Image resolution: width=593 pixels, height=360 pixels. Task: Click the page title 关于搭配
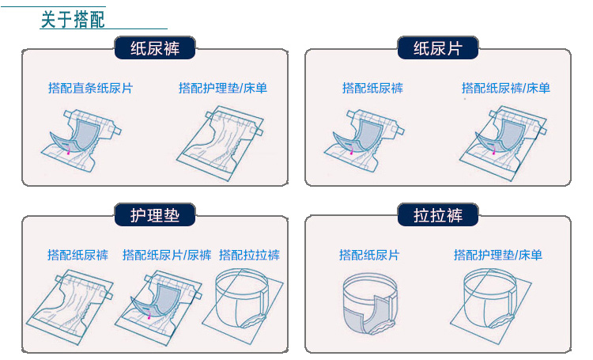73,19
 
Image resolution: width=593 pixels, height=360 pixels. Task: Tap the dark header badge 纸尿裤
155,48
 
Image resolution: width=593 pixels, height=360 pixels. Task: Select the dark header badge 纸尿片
437,48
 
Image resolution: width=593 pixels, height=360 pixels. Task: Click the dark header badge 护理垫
155,215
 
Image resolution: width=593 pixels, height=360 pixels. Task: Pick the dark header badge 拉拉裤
437,215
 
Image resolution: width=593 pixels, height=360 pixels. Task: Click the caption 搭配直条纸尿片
90,88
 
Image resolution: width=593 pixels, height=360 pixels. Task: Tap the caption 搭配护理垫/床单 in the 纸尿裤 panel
223,88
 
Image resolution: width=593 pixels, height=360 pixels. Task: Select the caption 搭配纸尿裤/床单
506,88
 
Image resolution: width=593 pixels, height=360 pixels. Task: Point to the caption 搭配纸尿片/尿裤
167,255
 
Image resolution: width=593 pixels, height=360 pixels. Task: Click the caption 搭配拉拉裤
249,255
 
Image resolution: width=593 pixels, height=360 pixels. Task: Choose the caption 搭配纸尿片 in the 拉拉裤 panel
369,255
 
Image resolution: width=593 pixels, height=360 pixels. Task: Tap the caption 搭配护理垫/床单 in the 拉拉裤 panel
498,255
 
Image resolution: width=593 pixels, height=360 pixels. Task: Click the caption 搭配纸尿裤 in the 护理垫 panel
77,255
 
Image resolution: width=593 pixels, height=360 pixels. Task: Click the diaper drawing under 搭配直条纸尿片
81,141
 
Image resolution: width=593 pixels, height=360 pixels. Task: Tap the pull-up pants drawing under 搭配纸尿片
370,304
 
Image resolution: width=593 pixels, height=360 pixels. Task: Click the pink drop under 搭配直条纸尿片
69,152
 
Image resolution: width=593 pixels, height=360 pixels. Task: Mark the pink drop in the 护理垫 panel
149,316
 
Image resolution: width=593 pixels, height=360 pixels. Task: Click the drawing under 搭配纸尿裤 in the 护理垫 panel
70,307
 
